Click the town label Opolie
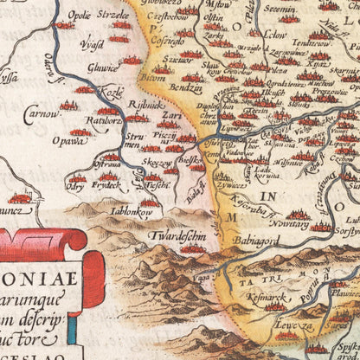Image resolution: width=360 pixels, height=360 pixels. pyautogui.click(x=65, y=16)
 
